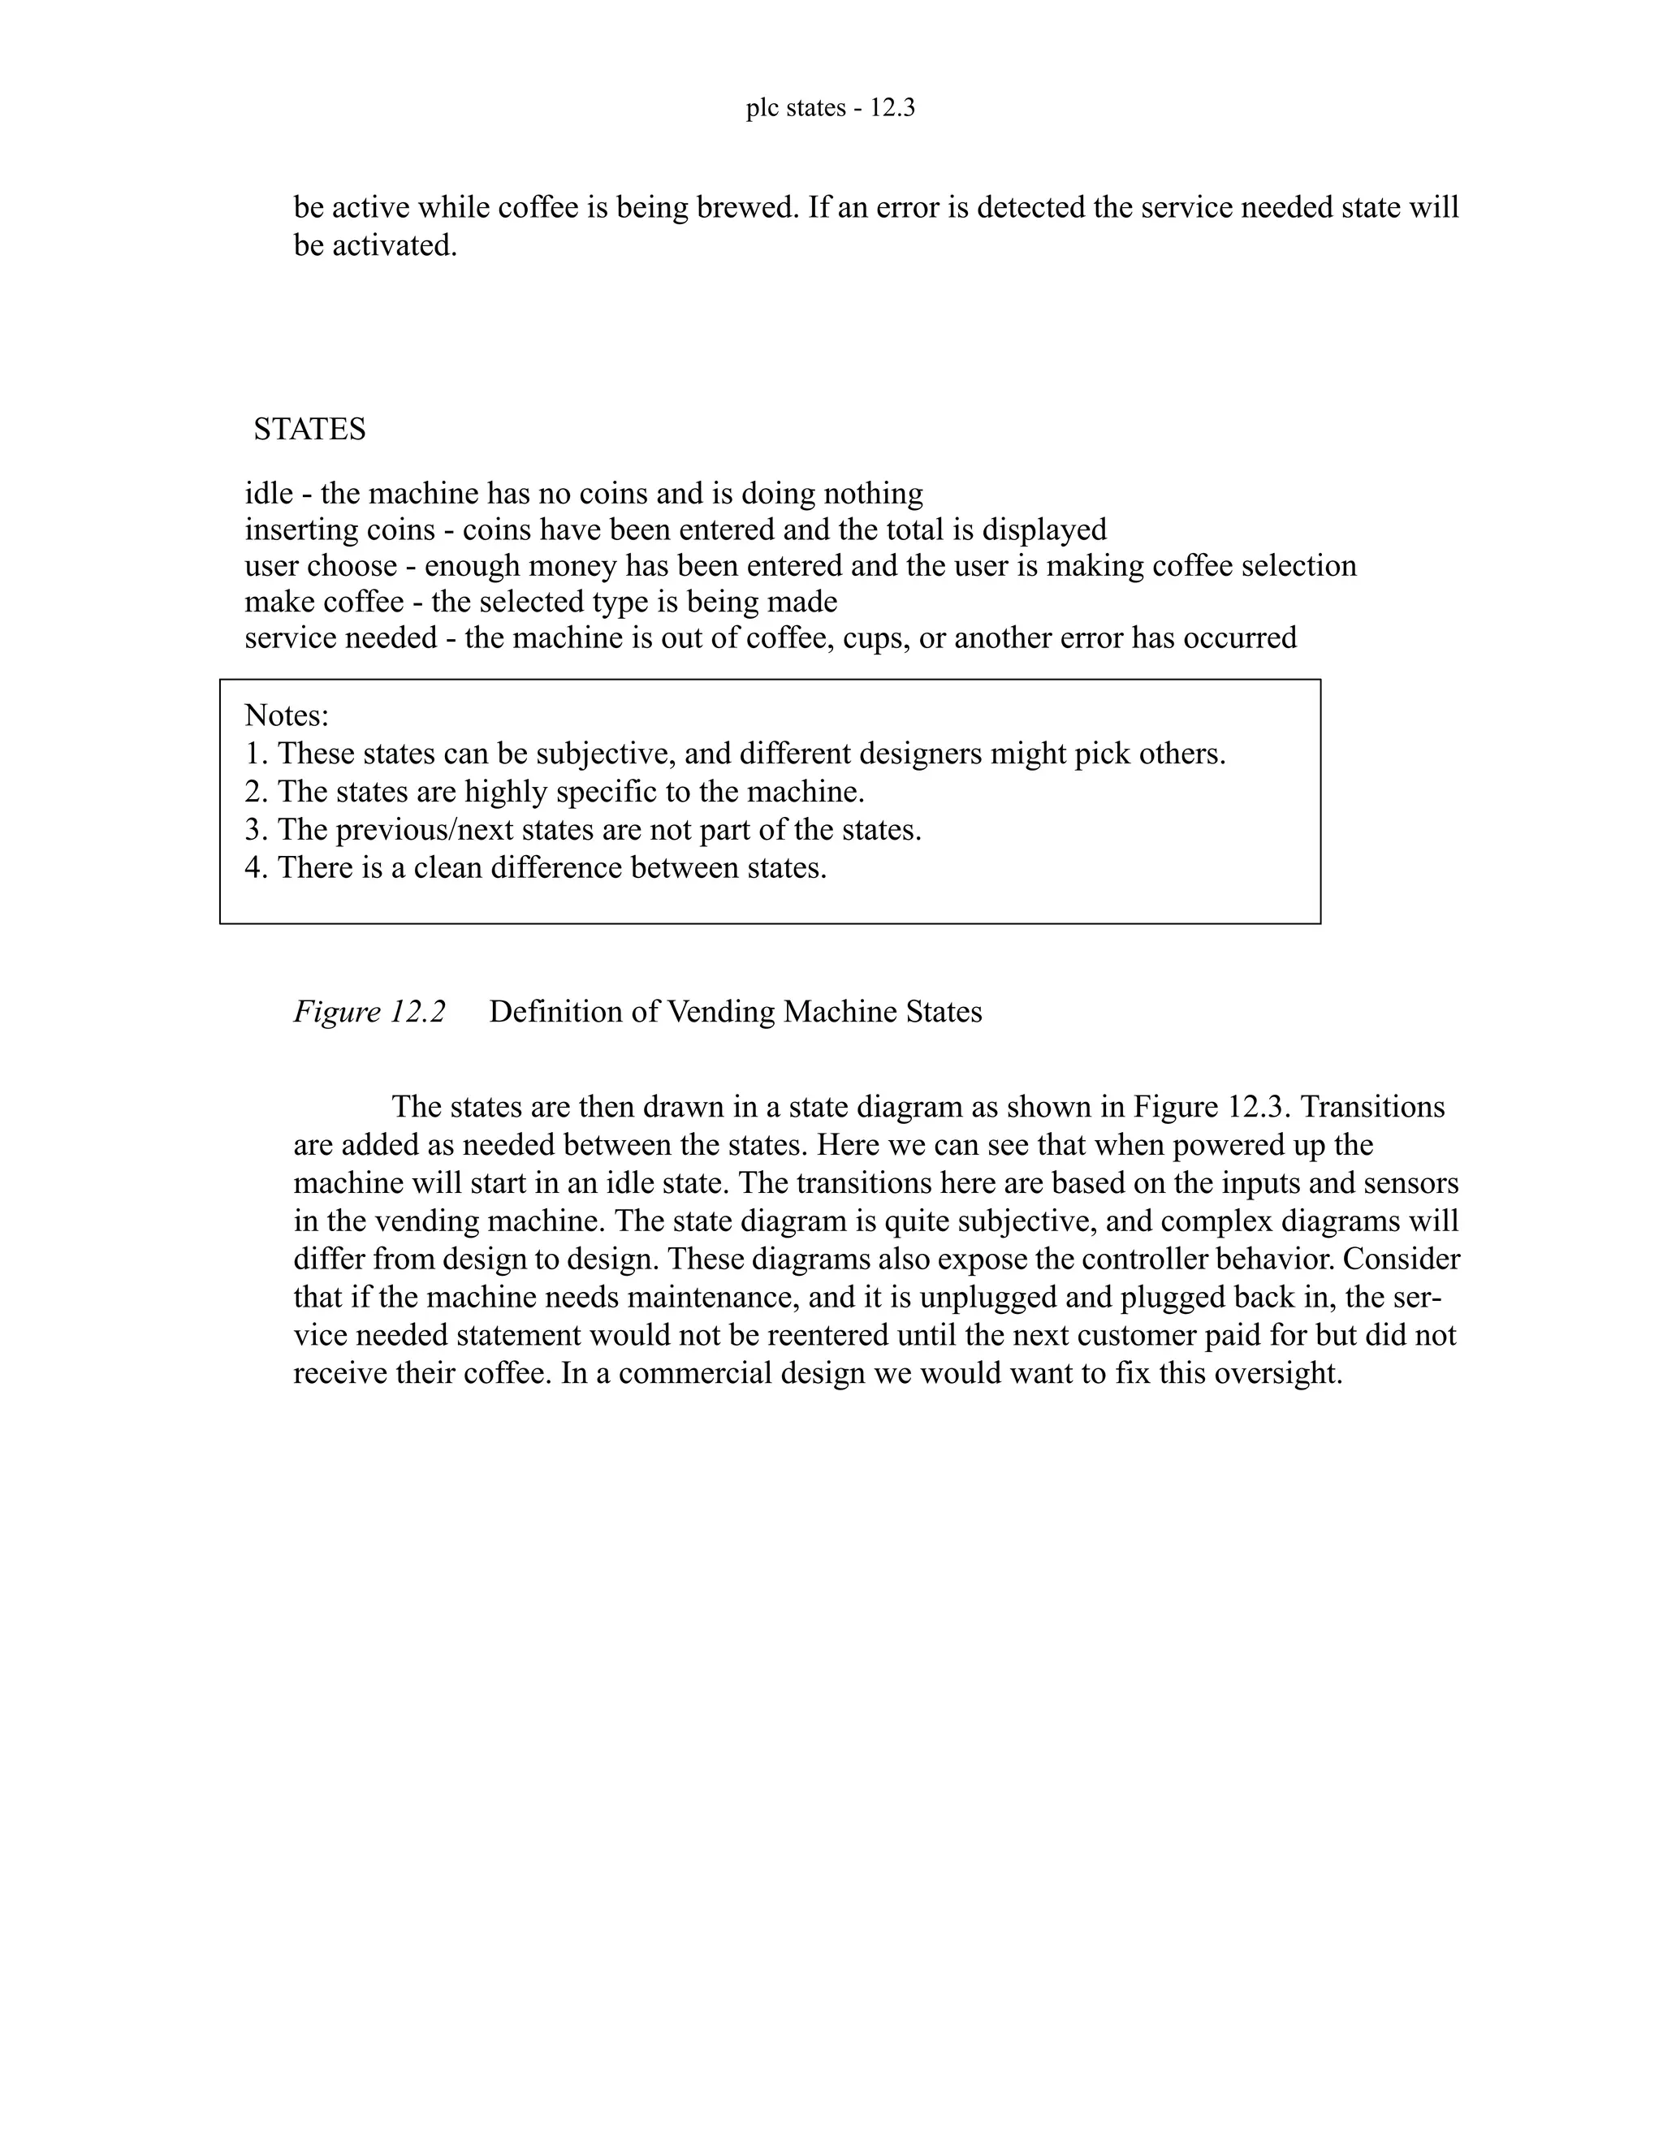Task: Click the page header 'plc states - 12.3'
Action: pyautogui.click(x=831, y=108)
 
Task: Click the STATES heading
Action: pyautogui.click(x=309, y=430)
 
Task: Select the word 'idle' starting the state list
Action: pyautogui.click(x=269, y=493)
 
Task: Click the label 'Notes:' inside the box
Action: pyautogui.click(x=287, y=715)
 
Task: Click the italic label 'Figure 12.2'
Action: pyautogui.click(x=369, y=1012)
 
